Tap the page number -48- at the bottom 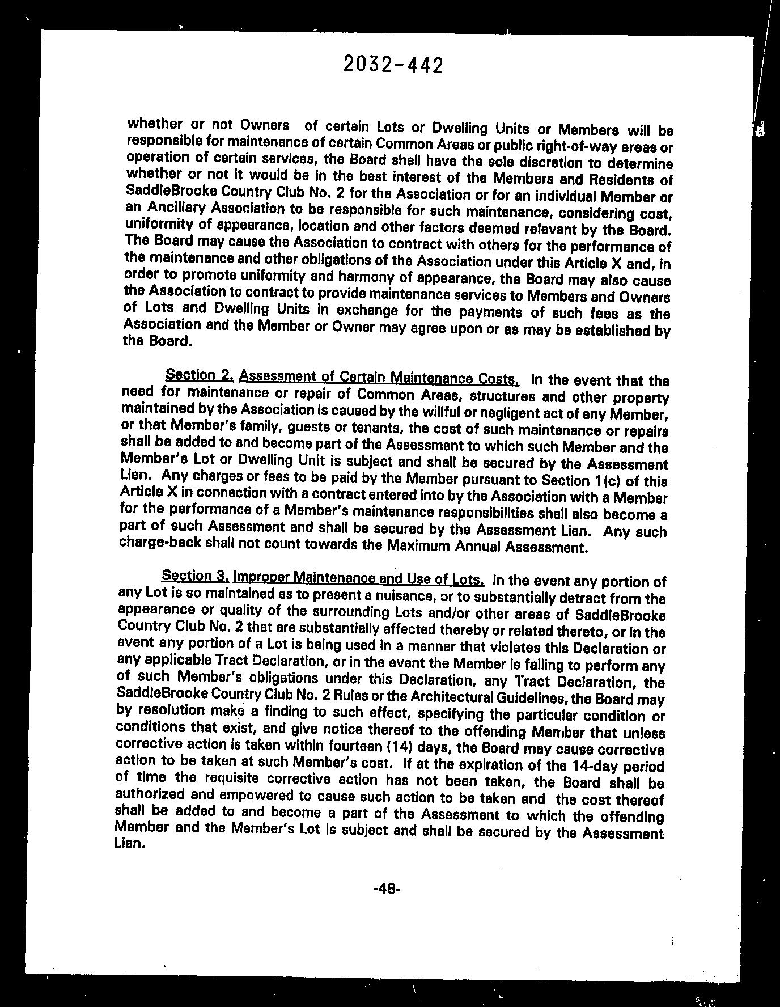[x=387, y=889]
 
